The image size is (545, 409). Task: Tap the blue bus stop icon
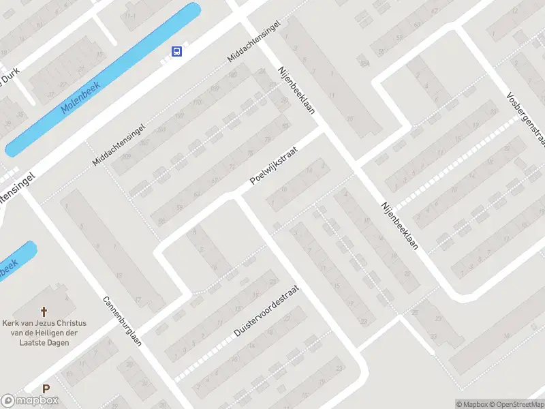[176, 51]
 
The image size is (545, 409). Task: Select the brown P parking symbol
[46, 389]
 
